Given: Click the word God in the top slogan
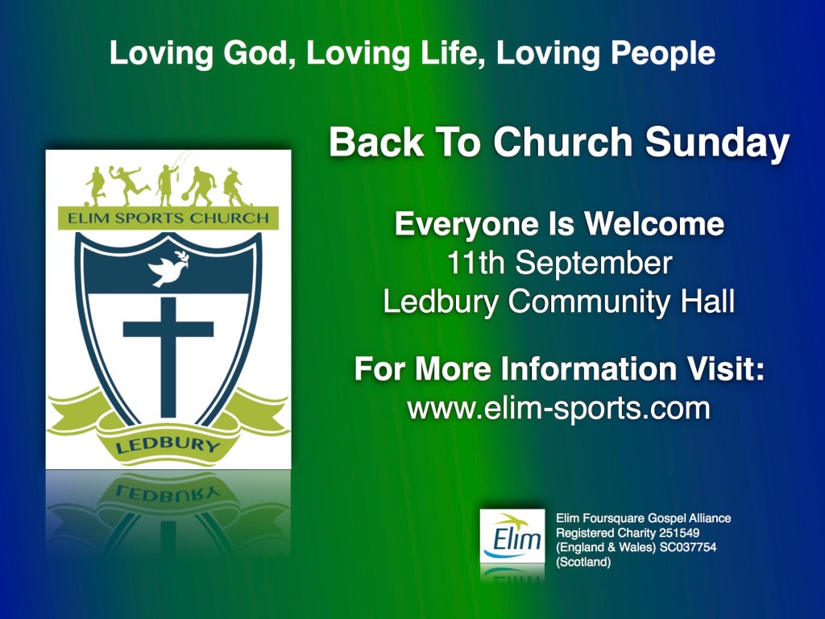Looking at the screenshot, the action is pyautogui.click(x=256, y=53).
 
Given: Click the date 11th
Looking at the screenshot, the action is pyautogui.click(x=475, y=263).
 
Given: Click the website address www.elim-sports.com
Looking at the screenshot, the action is pyautogui.click(x=559, y=408).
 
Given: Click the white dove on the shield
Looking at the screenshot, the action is pyautogui.click(x=168, y=268).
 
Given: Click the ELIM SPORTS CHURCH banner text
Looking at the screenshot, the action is pyautogui.click(x=168, y=218).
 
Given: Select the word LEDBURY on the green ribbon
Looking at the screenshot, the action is pyautogui.click(x=168, y=445).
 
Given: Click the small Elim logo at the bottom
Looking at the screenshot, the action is pyautogui.click(x=512, y=536).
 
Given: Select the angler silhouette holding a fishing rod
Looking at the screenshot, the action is pyautogui.click(x=168, y=181).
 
